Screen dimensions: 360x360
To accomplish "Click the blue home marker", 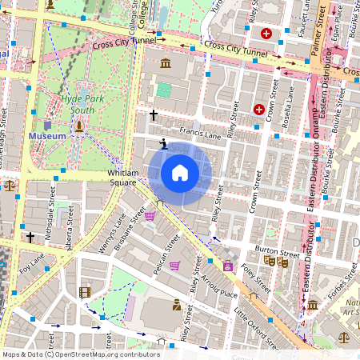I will pyautogui.click(x=180, y=173).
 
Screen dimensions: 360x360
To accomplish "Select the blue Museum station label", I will pyautogui.click(x=47, y=137).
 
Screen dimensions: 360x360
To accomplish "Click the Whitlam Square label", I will pyautogui.click(x=124, y=178).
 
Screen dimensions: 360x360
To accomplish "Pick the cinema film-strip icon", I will pyautogui.click(x=85, y=292).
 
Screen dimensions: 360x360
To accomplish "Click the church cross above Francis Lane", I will pyautogui.click(x=153, y=115).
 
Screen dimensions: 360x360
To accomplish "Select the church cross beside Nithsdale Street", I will pyautogui.click(x=30, y=238).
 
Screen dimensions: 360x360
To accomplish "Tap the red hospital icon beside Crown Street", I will pyautogui.click(x=259, y=109).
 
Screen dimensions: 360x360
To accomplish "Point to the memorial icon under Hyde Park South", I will pyautogui.click(x=79, y=126).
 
